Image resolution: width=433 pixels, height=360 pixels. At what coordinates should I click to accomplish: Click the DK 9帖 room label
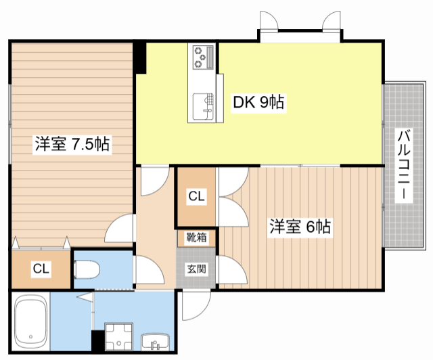(258, 103)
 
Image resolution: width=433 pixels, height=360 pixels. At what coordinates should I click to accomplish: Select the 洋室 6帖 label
(300, 227)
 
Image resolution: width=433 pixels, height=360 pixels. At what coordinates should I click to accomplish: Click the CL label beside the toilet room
(41, 269)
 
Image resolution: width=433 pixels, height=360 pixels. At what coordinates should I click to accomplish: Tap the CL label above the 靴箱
(196, 197)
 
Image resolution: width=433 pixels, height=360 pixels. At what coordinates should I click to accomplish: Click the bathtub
(30, 321)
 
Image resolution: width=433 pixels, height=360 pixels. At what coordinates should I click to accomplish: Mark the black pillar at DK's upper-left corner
(140, 58)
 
